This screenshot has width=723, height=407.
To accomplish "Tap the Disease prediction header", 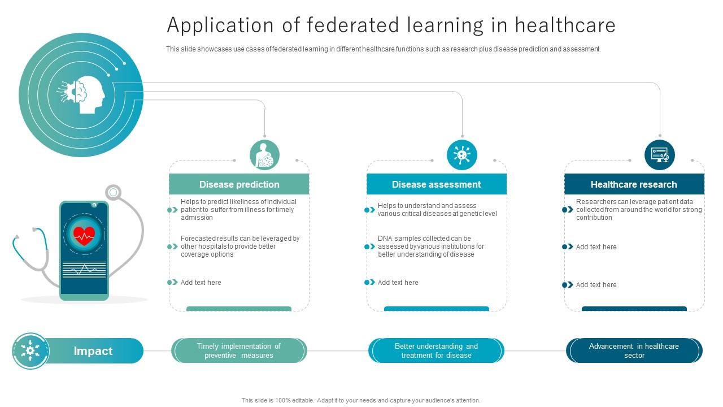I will (x=239, y=184).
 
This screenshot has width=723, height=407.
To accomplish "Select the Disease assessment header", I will (x=436, y=184).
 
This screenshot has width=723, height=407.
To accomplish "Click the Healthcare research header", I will (x=634, y=184).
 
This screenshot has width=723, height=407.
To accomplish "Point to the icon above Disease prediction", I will (x=264, y=155).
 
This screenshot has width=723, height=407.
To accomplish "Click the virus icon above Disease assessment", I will (x=462, y=155).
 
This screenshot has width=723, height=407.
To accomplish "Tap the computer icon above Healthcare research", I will (x=659, y=155).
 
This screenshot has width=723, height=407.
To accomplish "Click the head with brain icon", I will (x=85, y=94).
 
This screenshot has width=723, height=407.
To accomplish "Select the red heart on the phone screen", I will (x=84, y=234).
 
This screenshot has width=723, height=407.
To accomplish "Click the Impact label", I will (x=93, y=351).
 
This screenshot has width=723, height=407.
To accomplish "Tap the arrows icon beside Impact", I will (x=31, y=351).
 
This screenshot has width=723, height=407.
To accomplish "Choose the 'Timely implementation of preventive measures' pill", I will (x=238, y=351).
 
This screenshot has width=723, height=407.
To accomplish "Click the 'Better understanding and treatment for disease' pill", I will (x=436, y=351).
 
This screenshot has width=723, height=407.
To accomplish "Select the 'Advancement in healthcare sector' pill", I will (x=634, y=351).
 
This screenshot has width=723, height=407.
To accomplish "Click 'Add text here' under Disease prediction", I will (x=201, y=283).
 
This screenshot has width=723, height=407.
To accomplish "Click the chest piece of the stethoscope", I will (x=114, y=193).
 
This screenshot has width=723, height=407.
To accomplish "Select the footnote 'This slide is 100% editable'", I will (x=360, y=400).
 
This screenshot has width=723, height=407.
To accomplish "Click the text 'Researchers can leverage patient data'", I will (x=634, y=202).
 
